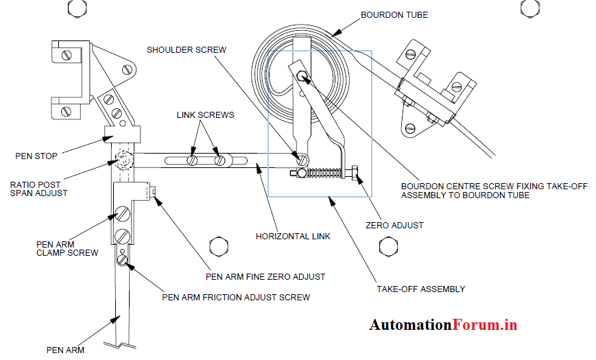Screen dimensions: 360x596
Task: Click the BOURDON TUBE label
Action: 394,15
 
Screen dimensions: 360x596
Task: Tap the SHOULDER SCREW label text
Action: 186,49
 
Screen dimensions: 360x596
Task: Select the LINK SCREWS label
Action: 205,115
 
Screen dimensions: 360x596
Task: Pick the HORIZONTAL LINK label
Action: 293,237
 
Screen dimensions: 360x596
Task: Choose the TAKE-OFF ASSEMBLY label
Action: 420,289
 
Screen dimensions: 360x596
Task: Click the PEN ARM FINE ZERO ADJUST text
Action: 265,276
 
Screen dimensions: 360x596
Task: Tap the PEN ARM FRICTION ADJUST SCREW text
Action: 235,297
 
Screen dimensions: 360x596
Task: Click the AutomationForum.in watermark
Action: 443,325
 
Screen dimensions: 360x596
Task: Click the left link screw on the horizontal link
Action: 193,161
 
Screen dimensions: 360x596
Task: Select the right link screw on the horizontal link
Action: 220,161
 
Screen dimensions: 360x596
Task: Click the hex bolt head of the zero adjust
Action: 356,174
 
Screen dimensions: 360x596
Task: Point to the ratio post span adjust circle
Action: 124,162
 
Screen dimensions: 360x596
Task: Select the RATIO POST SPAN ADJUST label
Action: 39,189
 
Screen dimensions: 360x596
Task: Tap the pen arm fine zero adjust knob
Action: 154,191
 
